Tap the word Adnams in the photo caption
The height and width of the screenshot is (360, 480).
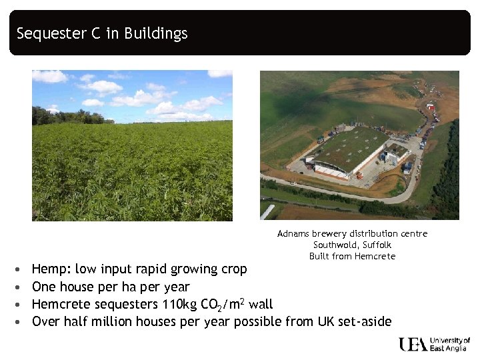293,234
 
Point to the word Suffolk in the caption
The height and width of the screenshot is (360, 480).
377,245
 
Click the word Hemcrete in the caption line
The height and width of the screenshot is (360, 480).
375,257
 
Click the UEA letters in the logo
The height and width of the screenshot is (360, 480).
413,344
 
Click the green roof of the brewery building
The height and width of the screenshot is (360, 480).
350,147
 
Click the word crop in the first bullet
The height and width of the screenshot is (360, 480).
233,269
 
